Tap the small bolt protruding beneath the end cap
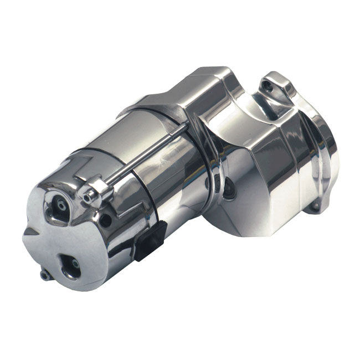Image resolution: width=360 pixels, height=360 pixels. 44,274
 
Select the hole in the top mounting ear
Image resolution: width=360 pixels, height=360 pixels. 269,86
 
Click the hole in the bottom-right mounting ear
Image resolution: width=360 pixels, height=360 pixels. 315,206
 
